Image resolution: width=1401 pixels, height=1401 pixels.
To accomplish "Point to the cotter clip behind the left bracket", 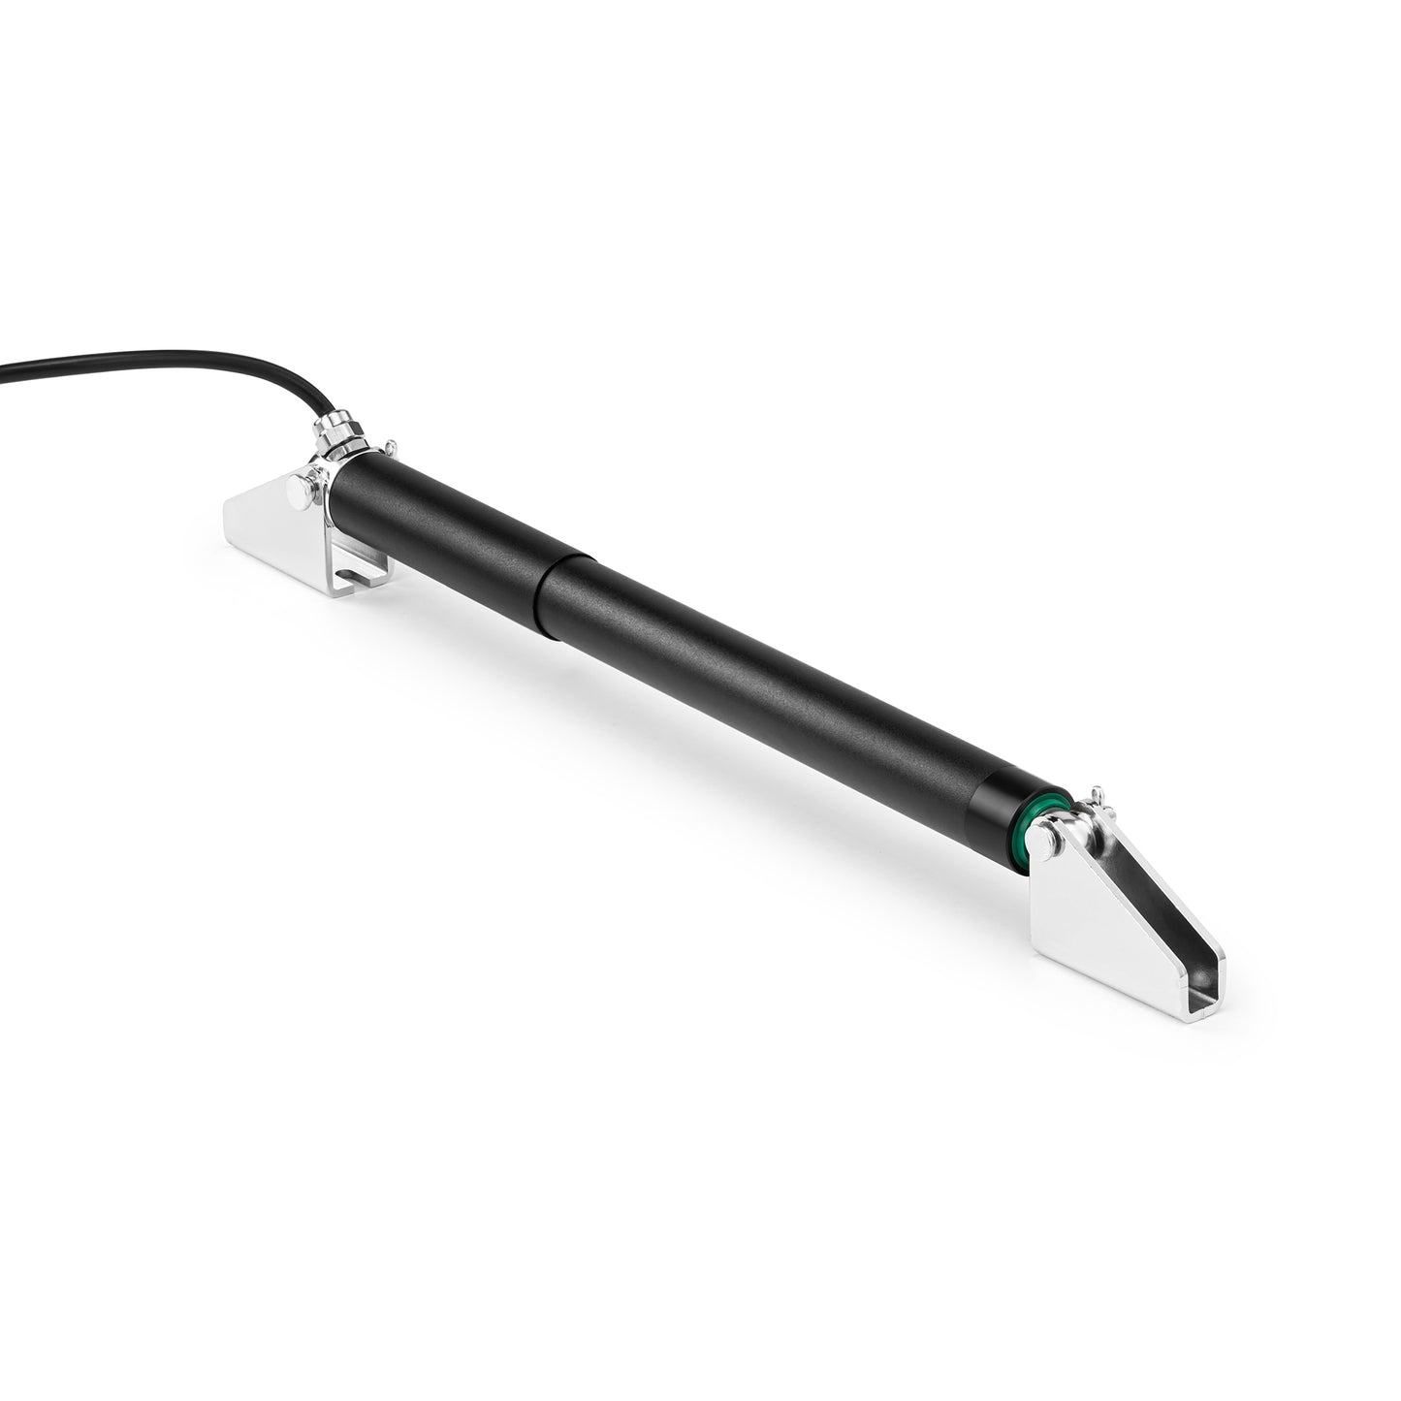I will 389,447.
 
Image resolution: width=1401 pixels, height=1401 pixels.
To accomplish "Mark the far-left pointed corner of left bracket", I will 226,502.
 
